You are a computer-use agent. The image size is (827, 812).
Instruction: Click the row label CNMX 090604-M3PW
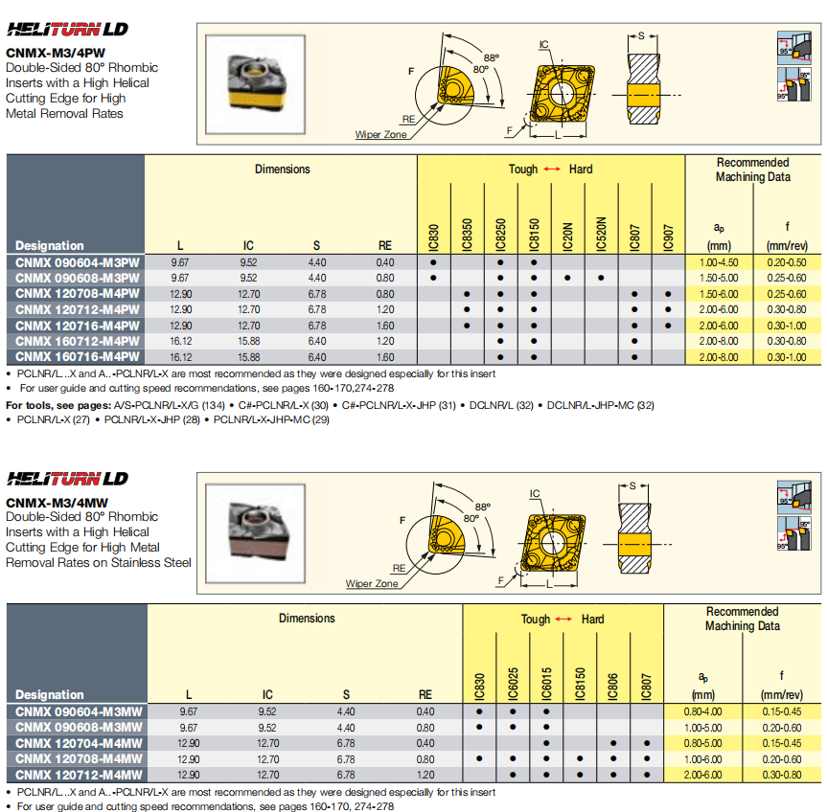[x=77, y=262]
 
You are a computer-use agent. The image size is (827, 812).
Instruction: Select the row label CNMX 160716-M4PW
[x=77, y=357]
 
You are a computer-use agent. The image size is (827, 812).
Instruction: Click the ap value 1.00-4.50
[x=720, y=262]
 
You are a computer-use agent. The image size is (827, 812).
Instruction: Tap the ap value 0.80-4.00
[x=702, y=711]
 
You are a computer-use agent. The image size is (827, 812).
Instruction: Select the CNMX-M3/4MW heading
[x=57, y=502]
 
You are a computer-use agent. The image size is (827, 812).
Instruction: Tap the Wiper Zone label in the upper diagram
[x=380, y=135]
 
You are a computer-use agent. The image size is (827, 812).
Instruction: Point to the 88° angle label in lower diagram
[x=482, y=507]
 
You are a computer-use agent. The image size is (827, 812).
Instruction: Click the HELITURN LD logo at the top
[x=68, y=30]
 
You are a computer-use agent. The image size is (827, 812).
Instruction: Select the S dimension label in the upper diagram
[x=641, y=35]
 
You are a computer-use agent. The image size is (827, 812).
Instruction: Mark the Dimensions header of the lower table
[x=307, y=619]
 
